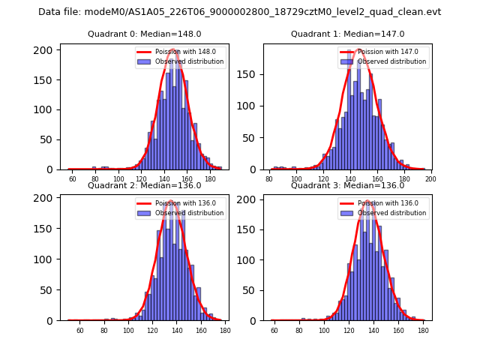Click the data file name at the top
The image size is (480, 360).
239,12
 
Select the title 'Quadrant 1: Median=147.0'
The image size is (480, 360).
347,34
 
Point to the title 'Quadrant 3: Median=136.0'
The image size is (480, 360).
347,185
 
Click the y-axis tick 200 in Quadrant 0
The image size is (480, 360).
46,50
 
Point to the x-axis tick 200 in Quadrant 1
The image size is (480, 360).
430,179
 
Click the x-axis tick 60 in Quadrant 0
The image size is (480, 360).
73,179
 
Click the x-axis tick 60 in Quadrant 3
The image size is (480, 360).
274,331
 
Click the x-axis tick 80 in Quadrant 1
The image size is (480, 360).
269,179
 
